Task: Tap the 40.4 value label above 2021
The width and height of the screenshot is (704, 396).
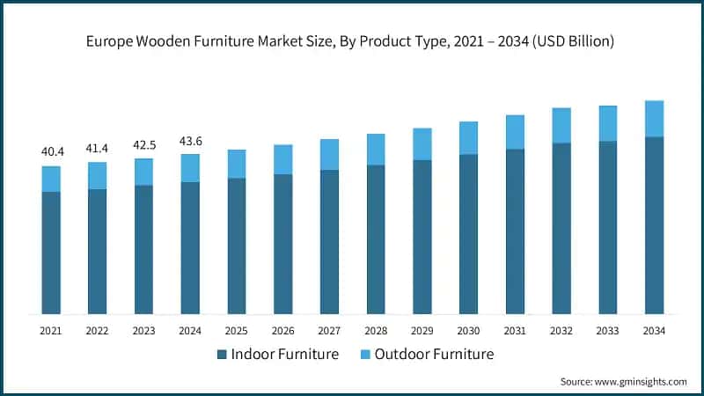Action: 52,152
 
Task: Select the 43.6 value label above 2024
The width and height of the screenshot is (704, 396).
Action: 190,140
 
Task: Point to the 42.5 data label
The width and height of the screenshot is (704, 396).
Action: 144,144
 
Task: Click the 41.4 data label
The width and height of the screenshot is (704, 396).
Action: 98,148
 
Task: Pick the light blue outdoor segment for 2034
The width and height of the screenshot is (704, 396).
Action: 654,119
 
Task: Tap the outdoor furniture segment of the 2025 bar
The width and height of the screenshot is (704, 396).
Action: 237,164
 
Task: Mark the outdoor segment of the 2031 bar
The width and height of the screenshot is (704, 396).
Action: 515,132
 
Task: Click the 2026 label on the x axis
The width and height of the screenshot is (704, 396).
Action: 282,330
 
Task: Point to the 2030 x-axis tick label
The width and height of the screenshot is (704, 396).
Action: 468,330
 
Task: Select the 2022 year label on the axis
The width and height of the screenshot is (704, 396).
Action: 98,330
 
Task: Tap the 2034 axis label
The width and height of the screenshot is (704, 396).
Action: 654,330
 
